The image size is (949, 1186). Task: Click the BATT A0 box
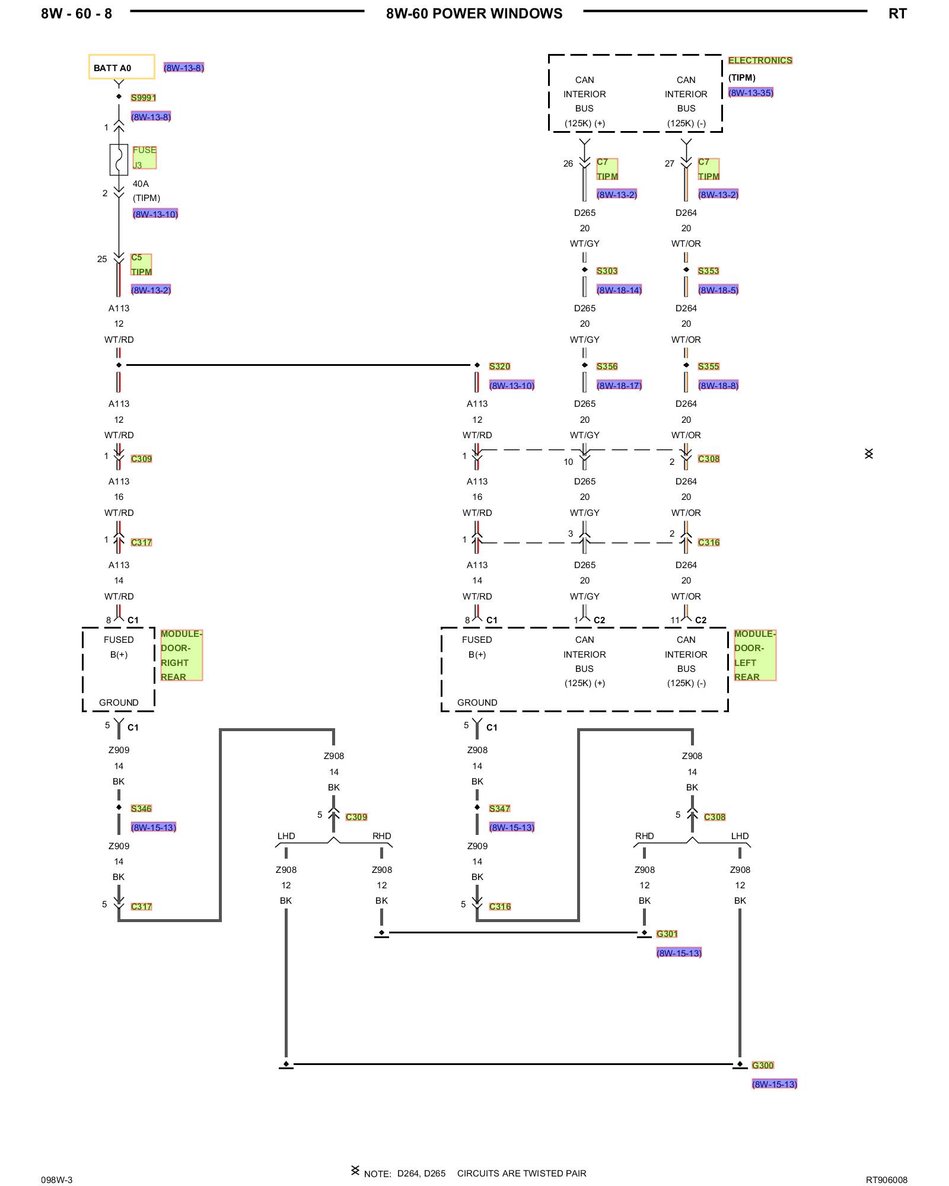pyautogui.click(x=122, y=67)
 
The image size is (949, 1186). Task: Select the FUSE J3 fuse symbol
pyautogui.click(x=119, y=160)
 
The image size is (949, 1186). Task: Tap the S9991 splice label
pyautogui.click(x=144, y=98)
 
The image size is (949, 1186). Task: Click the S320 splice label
pyautogui.click(x=499, y=366)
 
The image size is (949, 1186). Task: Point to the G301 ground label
pyautogui.click(x=667, y=934)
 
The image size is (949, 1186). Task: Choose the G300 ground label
pyautogui.click(x=763, y=1066)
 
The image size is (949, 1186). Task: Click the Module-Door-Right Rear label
pyautogui.click(x=181, y=655)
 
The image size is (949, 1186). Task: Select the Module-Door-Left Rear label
pyautogui.click(x=755, y=655)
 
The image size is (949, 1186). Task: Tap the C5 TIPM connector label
pyautogui.click(x=141, y=264)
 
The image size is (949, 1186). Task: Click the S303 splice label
pyautogui.click(x=607, y=271)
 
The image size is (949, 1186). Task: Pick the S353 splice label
pyautogui.click(x=708, y=271)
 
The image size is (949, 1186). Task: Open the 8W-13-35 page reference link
pyautogui.click(x=751, y=93)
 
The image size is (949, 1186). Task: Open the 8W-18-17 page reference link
pyautogui.click(x=619, y=385)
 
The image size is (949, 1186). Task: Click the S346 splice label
pyautogui.click(x=141, y=809)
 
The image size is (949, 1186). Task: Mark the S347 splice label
pyautogui.click(x=499, y=809)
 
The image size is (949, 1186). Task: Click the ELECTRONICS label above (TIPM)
pyautogui.click(x=760, y=60)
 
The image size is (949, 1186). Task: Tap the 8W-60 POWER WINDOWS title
pyautogui.click(x=474, y=14)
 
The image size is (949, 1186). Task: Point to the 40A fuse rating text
pyautogui.click(x=141, y=184)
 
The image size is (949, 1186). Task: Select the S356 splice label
pyautogui.click(x=607, y=366)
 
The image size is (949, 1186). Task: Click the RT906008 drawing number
pyautogui.click(x=887, y=1180)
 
